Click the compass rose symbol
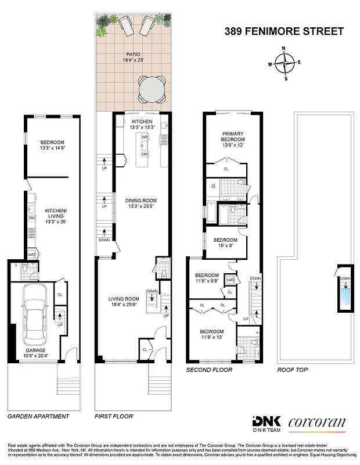[x=284, y=62]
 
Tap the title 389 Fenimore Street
[x=284, y=31]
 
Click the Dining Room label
[x=141, y=204]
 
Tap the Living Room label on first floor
[x=125, y=303]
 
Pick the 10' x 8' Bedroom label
[x=225, y=243]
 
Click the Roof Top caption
[x=293, y=370]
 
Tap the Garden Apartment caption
[x=38, y=416]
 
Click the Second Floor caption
[x=209, y=370]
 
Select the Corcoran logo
[x=316, y=423]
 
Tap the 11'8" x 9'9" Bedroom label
[x=207, y=278]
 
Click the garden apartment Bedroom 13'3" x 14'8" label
[x=52, y=145]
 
